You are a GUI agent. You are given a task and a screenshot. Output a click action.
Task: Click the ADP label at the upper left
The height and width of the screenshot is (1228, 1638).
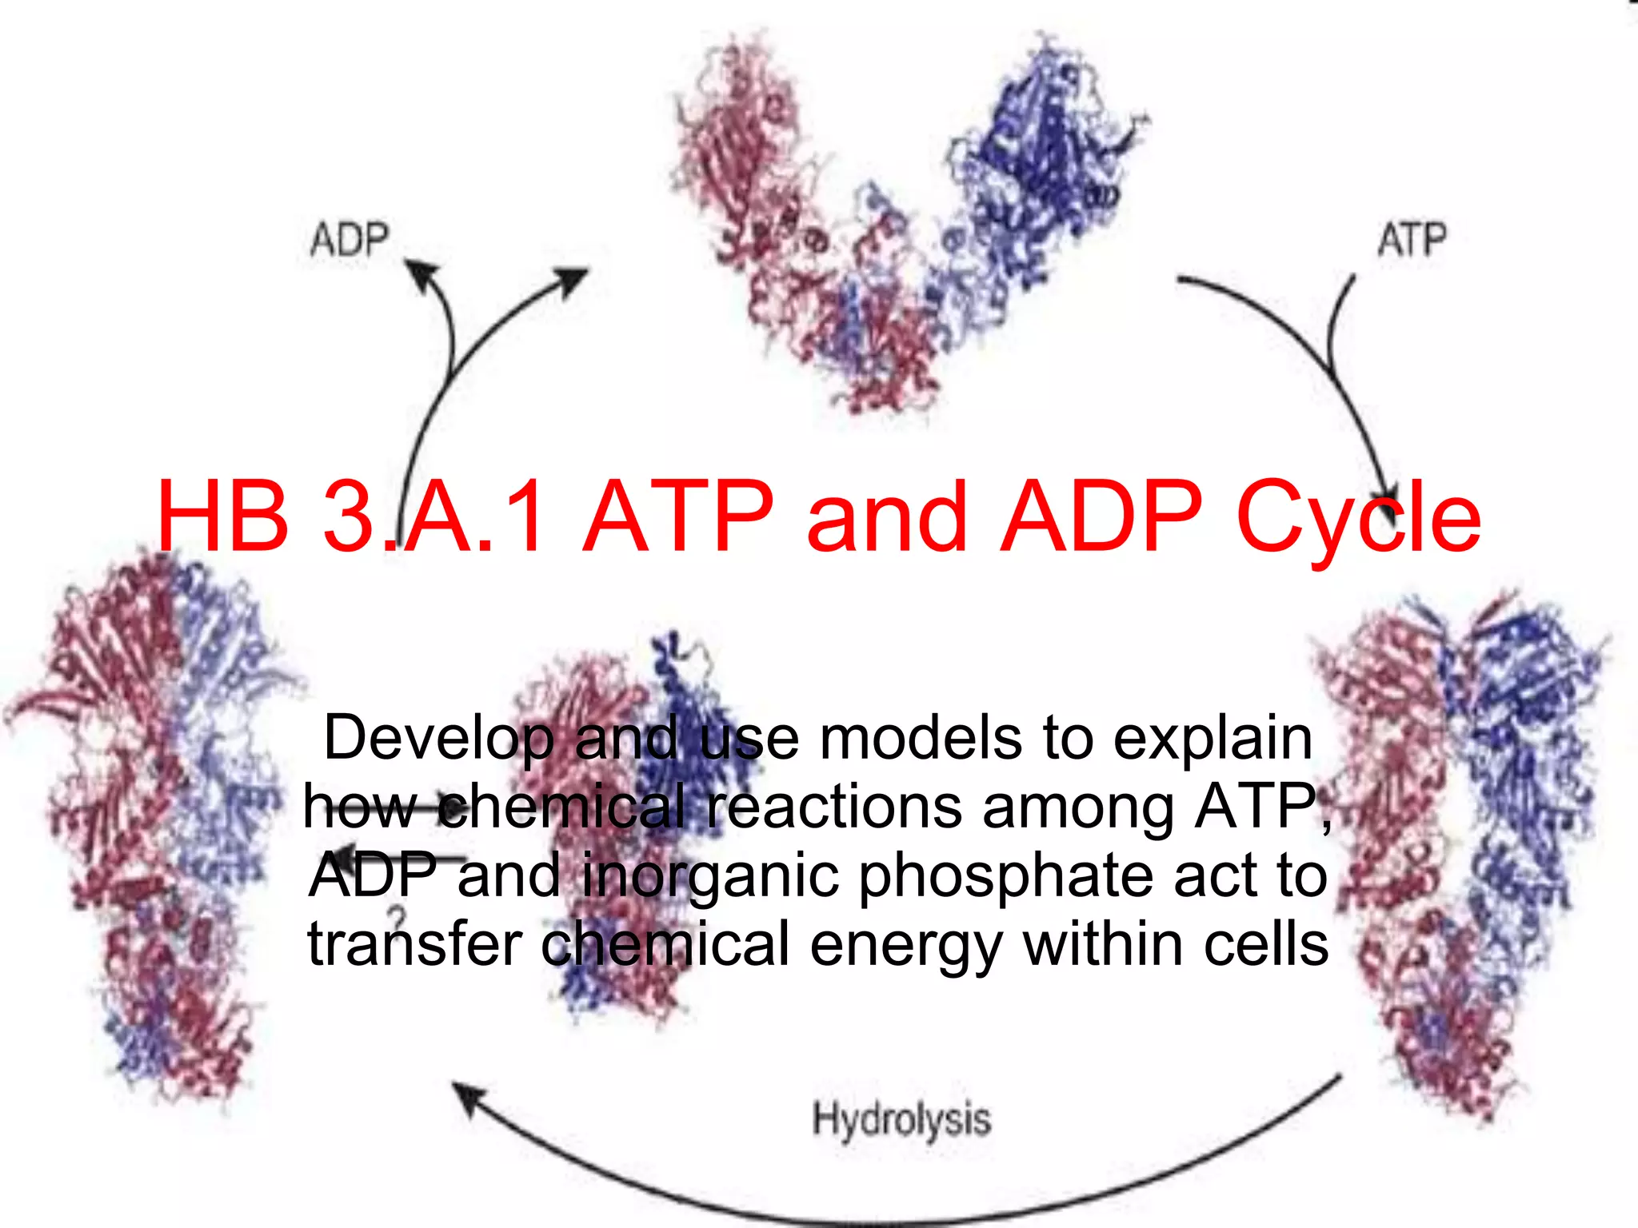click(x=350, y=239)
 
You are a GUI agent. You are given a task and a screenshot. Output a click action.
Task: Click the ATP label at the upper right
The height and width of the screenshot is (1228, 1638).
click(x=1412, y=239)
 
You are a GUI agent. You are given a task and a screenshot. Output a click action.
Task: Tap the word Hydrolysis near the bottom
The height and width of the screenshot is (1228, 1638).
click(x=901, y=1118)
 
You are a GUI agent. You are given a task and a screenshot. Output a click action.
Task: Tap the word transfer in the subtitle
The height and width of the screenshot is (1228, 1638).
click(x=415, y=943)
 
